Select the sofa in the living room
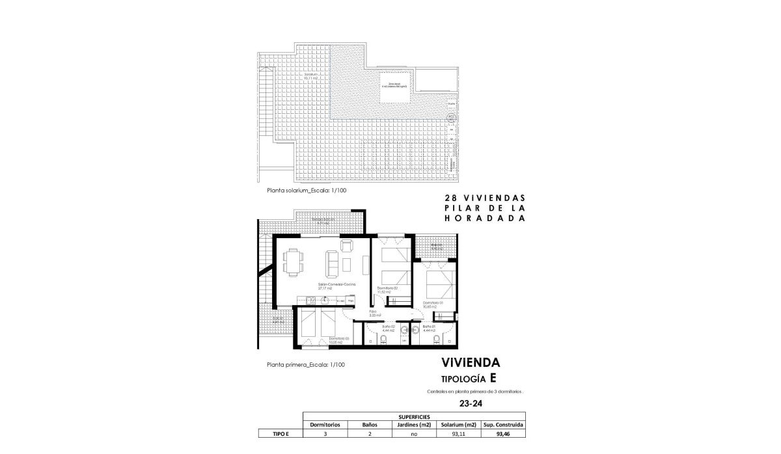point(331,263)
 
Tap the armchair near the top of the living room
point(346,246)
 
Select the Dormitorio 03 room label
point(338,340)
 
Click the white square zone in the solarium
point(395,87)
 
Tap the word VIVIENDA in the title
point(461,363)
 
